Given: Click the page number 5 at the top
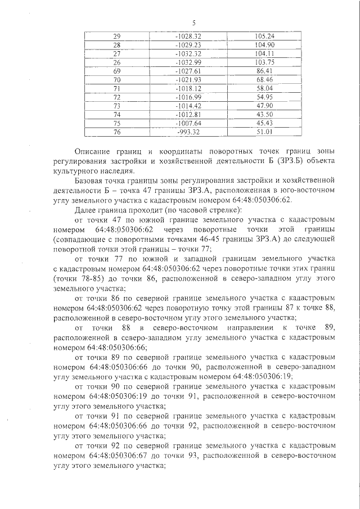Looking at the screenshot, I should pyautogui.click(x=193, y=23).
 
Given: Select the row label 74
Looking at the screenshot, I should pyautogui.click(x=117, y=114).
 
